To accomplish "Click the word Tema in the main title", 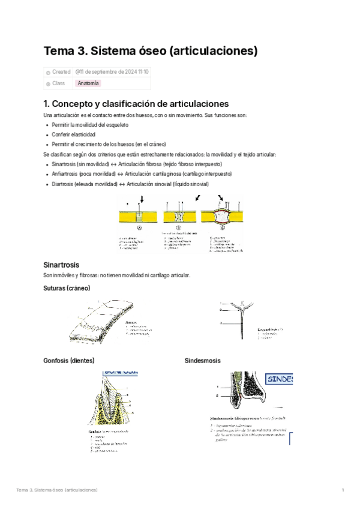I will [58, 52].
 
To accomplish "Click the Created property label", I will [61, 72].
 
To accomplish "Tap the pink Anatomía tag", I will [88, 83].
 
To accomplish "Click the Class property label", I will [58, 83].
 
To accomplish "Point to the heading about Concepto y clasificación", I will [136, 103].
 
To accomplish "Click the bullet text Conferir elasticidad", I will [74, 134].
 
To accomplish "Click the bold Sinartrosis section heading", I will [62, 264].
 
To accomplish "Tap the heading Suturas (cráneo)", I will [67, 288].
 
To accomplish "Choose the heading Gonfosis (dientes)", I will [69, 361].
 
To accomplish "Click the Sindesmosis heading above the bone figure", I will [202, 361].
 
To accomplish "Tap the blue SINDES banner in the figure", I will [278, 380].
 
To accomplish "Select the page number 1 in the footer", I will [342, 490].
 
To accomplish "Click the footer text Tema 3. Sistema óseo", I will [57, 490].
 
